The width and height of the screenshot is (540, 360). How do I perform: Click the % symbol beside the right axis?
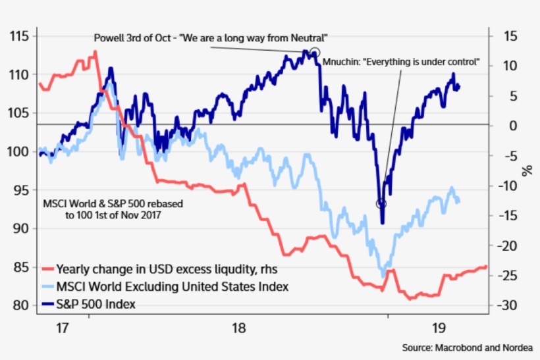click(x=527, y=170)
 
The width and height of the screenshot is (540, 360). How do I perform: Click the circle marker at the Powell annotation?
click(x=315, y=53)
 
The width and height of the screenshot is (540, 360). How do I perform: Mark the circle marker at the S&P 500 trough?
click(x=381, y=203)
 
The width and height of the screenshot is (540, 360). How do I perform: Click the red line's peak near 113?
click(x=95, y=51)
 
